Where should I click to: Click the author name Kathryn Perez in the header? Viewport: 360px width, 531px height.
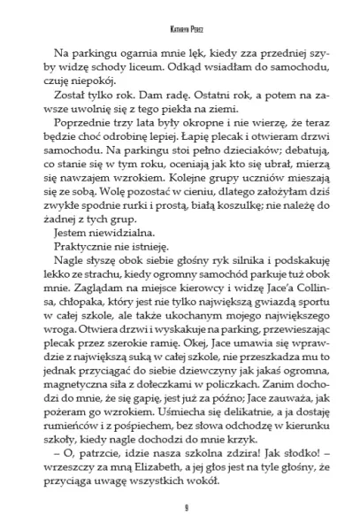180,28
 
